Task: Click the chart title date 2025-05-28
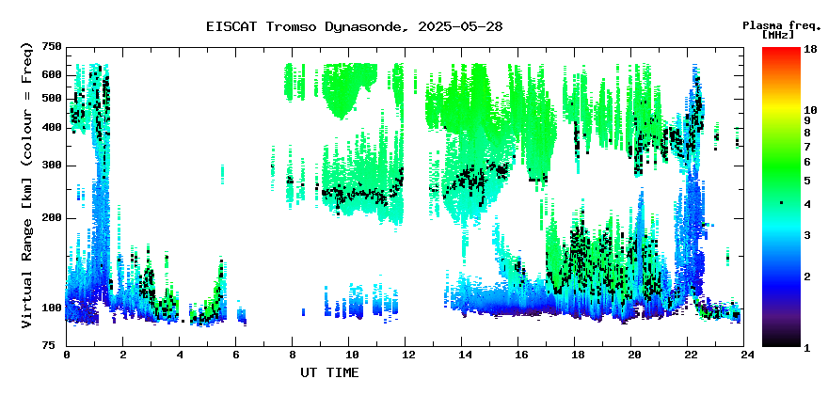tap(460, 27)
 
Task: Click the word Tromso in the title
tap(292, 27)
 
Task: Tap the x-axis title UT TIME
tap(329, 372)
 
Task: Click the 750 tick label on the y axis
tap(53, 47)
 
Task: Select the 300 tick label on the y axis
tap(53, 166)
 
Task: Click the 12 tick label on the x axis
tap(406, 355)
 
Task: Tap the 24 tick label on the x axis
tap(744, 355)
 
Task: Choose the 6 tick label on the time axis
tap(236, 355)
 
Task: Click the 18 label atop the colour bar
tap(810, 50)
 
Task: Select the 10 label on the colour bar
tap(810, 110)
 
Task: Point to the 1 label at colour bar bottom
tap(807, 348)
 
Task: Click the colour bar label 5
tap(807, 181)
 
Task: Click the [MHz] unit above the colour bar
tap(778, 35)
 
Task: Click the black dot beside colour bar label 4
tap(781, 202)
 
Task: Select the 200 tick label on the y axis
tap(53, 217)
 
